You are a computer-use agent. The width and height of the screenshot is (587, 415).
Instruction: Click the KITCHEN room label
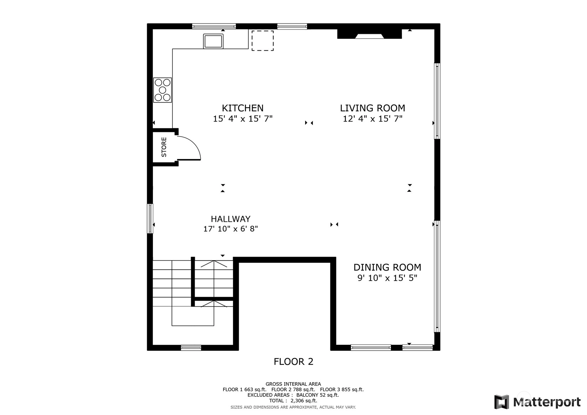243,108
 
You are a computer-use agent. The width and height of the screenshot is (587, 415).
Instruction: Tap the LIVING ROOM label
372,108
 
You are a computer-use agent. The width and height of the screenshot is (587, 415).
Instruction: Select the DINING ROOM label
387,267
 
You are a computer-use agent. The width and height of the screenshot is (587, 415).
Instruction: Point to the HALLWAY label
231,219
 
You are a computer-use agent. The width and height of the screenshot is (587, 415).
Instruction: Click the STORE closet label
164,147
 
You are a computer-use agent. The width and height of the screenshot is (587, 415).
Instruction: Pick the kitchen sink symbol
213,41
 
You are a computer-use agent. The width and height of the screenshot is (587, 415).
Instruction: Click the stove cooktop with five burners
163,90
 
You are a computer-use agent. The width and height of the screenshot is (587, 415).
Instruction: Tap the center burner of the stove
163,90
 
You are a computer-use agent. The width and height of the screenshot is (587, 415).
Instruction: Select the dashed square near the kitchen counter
263,41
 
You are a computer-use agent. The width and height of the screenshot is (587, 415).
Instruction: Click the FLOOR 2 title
294,362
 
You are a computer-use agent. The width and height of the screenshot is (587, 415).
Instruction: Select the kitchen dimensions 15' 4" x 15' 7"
243,119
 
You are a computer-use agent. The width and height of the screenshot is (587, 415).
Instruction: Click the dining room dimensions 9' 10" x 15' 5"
387,278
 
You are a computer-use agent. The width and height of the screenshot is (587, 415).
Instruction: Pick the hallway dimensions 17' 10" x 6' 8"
231,229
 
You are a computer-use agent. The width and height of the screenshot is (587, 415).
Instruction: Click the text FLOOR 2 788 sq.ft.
293,390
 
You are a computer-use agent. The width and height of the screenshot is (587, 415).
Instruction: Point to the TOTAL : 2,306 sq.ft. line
293,401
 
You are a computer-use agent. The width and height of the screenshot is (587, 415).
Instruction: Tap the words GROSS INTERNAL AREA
293,384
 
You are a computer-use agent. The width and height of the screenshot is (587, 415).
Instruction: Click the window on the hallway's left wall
150,219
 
